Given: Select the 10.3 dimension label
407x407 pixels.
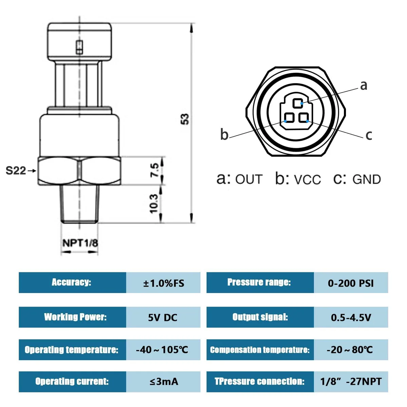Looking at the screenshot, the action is pos(154,203).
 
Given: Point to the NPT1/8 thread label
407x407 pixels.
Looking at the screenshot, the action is pos(80,243).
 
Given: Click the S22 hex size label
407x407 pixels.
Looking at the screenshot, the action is pos(16,171).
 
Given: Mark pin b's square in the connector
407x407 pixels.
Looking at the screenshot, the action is pos(289,118).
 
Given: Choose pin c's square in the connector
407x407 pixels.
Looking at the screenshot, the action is pos(304,118).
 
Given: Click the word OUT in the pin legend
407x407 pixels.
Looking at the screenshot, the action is pos(249,179).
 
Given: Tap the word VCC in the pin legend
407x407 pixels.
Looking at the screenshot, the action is pos(308,180).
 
